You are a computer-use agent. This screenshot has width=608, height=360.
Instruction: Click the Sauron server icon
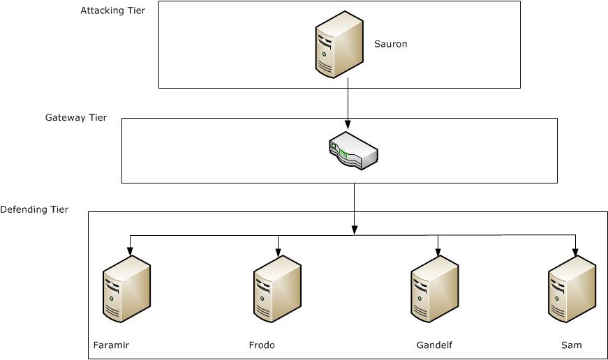coord(339,44)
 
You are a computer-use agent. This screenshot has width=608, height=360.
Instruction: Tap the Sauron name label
coord(390,44)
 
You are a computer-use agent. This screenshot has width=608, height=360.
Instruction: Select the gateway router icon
coord(353,151)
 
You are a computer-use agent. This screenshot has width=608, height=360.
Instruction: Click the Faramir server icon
coord(126,289)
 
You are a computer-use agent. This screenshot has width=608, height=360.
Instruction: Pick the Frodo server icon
coord(277,289)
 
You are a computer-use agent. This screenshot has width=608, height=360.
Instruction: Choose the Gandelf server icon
coord(435,289)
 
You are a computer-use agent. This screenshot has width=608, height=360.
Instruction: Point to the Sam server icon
coord(572,289)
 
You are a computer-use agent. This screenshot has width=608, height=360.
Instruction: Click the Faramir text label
coord(111,345)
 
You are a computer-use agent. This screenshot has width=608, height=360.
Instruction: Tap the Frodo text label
coord(262,345)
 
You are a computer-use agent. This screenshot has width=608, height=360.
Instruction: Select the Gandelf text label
coord(434,345)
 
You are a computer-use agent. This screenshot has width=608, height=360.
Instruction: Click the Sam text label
coord(571,345)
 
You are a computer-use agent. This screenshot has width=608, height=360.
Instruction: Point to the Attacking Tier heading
coord(113,11)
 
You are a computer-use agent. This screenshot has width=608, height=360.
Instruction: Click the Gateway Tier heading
coord(76,118)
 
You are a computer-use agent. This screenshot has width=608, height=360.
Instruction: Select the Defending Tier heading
coord(34,209)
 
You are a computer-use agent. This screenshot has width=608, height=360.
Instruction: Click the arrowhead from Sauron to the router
coord(348,123)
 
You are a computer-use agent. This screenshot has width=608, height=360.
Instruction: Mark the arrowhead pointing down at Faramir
coord(130,250)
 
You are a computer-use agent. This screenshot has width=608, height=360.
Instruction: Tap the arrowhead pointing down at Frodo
coord(279,250)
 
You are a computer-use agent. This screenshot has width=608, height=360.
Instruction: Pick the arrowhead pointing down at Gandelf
coord(438,250)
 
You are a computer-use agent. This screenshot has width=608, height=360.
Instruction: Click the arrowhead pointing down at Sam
coord(576,250)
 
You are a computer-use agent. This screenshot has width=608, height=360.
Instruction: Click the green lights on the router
coord(343,153)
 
